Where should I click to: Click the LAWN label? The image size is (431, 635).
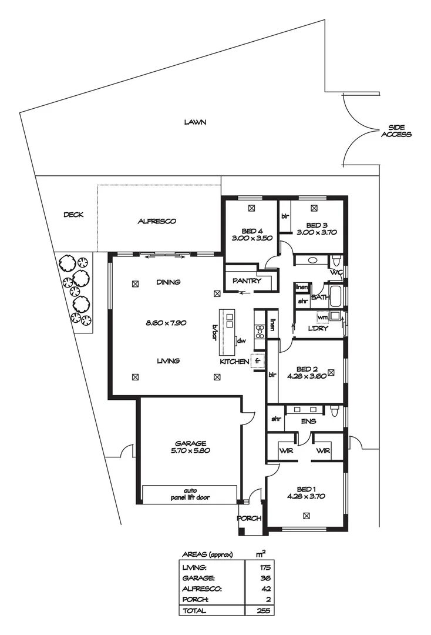[195, 122]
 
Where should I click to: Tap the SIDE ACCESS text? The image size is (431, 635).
[396, 131]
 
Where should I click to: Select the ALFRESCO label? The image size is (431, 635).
[157, 221]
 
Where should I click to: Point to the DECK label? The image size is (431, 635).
[73, 215]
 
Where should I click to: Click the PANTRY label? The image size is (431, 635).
[247, 281]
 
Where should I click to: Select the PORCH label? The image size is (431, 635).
[248, 519]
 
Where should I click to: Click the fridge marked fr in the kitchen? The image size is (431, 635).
[257, 360]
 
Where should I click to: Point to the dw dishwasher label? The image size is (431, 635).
[241, 341]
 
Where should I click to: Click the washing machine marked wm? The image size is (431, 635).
[322, 317]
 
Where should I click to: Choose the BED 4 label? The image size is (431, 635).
[252, 230]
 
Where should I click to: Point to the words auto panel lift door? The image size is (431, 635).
[189, 494]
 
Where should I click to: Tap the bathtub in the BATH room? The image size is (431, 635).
[335, 296]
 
